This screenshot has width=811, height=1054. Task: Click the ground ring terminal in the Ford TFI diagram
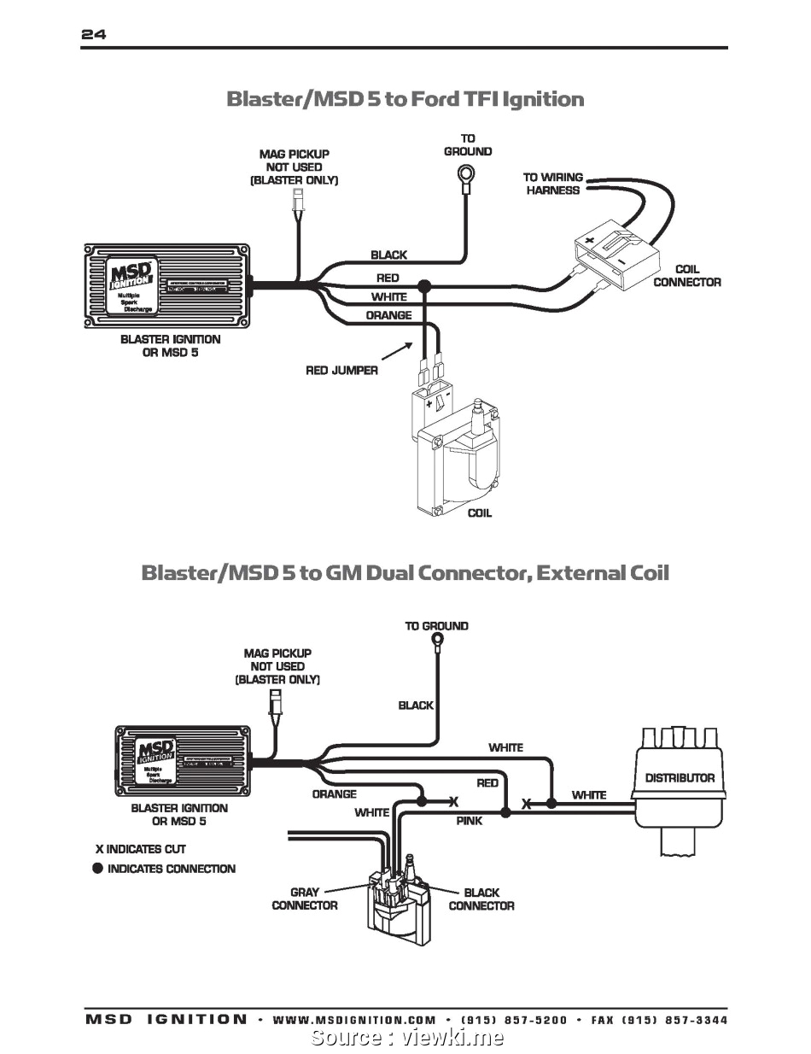click(x=465, y=178)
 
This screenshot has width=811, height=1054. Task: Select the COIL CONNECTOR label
click(x=686, y=276)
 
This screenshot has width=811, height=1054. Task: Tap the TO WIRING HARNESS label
click(x=552, y=184)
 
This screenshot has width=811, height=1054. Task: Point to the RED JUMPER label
click(x=341, y=371)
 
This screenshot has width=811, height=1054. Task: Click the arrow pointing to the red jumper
click(x=394, y=349)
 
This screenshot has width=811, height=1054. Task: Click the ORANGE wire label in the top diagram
click(x=388, y=315)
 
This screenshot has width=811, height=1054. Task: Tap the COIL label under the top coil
click(x=479, y=513)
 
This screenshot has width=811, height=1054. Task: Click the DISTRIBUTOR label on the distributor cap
click(x=680, y=778)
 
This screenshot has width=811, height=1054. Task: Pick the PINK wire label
click(x=469, y=821)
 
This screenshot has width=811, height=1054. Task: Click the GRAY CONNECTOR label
click(x=305, y=899)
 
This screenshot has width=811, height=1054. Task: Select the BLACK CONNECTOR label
click(x=481, y=899)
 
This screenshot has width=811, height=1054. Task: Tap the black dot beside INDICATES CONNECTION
click(x=98, y=869)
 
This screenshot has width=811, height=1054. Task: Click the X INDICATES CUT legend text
click(x=140, y=849)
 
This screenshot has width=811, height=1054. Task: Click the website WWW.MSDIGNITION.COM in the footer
click(x=354, y=1020)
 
